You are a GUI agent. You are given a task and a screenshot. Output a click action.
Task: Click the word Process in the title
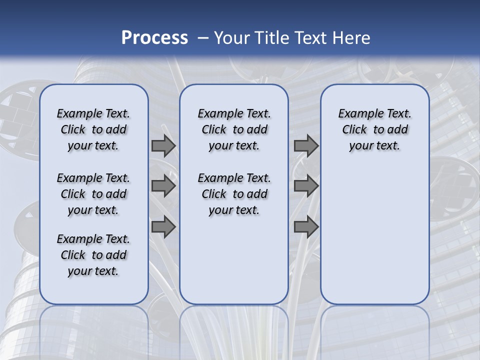click(154, 38)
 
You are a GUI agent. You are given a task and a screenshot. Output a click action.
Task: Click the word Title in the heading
click(273, 38)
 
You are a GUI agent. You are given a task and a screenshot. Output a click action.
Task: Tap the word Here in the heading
click(352, 38)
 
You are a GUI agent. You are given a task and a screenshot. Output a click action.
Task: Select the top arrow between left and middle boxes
click(163, 145)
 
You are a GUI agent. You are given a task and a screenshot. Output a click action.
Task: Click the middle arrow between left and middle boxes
click(163, 186)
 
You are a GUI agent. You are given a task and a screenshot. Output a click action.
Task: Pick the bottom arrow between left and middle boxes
click(163, 227)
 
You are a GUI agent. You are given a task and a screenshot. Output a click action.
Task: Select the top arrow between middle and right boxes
click(306, 145)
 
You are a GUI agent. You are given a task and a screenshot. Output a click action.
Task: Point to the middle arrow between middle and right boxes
click(306, 186)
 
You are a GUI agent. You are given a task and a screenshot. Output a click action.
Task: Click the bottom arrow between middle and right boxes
click(306, 227)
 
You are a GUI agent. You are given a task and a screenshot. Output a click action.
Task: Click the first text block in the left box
click(93, 129)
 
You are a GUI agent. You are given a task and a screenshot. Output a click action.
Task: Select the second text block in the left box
click(93, 194)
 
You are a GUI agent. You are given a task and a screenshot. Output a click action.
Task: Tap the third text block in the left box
click(93, 255)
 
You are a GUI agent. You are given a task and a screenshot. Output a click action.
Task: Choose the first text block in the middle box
click(234, 129)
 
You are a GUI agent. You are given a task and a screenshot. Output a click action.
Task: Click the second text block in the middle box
click(234, 194)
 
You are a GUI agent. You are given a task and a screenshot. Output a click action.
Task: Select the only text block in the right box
click(375, 129)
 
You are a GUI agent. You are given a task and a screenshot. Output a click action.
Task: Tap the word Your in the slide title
click(232, 38)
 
